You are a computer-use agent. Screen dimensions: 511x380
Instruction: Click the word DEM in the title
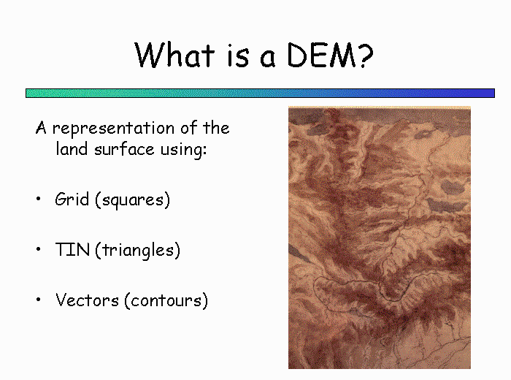click(321, 56)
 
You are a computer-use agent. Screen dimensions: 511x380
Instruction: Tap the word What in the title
click(174, 55)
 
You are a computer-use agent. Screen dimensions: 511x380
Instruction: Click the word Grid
click(72, 199)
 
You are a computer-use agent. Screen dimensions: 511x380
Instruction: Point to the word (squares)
click(132, 199)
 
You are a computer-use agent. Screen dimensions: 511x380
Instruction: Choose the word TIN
click(72, 249)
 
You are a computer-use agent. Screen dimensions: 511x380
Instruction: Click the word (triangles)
click(137, 250)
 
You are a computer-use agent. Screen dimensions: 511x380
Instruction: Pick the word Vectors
click(87, 300)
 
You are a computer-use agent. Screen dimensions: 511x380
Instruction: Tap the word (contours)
click(166, 300)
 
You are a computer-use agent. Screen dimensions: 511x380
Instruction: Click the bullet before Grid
click(39, 199)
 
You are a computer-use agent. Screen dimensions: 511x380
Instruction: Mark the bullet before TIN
click(39, 249)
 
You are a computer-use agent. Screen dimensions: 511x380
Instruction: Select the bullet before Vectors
click(39, 300)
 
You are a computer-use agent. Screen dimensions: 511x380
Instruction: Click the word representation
click(113, 129)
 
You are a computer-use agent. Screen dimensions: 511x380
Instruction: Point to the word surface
click(124, 149)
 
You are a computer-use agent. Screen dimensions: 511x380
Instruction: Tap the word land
click(72, 149)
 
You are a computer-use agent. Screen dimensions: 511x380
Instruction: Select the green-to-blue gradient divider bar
click(260, 93)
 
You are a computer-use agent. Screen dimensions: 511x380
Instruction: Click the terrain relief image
click(380, 237)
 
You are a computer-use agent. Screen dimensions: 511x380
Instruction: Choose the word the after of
click(216, 127)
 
